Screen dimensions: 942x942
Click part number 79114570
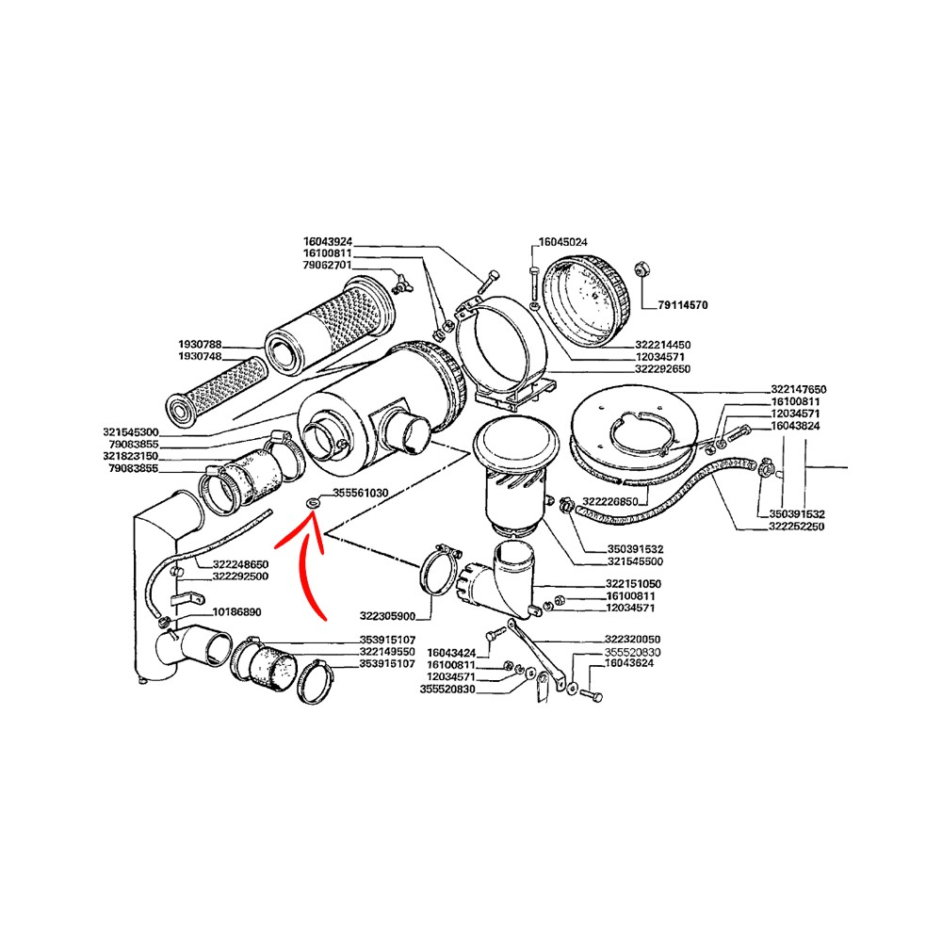(682, 305)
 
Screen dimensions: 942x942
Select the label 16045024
(563, 242)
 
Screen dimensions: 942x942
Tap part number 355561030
(361, 493)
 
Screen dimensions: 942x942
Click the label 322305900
(387, 616)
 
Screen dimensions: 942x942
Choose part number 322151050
(633, 584)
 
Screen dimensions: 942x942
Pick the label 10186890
(236, 612)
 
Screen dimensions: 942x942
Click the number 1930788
(200, 345)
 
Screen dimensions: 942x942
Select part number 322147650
(799, 389)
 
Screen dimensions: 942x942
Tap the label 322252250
(797, 527)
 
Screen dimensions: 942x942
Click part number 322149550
(387, 652)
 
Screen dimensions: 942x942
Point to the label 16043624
(629, 663)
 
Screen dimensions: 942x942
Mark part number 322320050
(633, 640)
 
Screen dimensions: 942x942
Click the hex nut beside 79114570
(641, 269)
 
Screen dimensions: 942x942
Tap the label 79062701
(328, 266)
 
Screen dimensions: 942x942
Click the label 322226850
(610, 502)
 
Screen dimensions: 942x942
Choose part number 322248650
(240, 564)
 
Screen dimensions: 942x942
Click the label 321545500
(636, 561)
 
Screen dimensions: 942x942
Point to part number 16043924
(328, 241)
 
